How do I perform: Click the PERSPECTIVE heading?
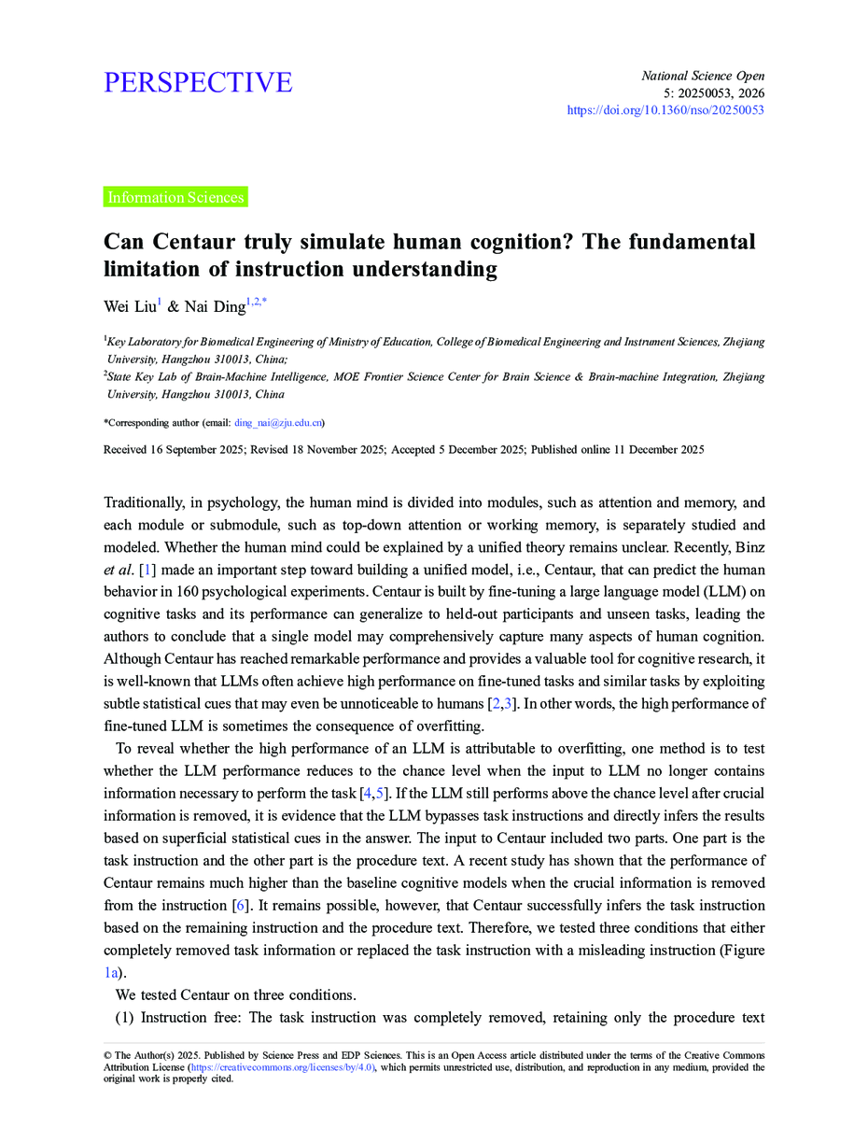[198, 83]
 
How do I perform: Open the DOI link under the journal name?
[665, 110]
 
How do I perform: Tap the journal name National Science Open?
[703, 76]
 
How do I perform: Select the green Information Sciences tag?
[175, 197]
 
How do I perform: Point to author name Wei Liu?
[129, 305]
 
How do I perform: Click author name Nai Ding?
[216, 305]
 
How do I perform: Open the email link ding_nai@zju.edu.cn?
[277, 423]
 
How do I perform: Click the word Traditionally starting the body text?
[147, 502]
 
